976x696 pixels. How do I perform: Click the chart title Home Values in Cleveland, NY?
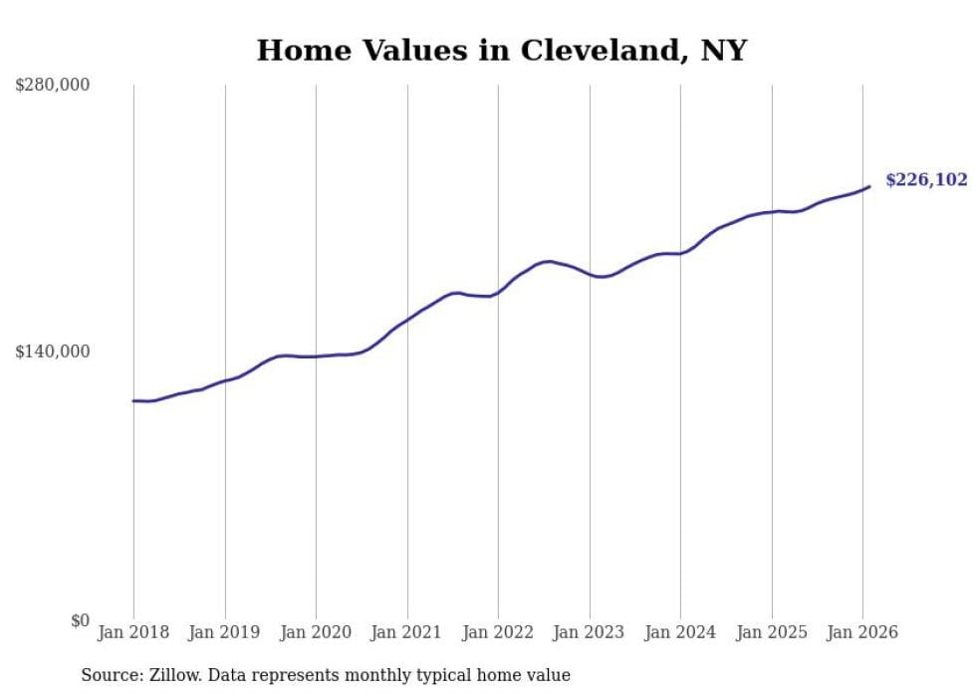(x=501, y=50)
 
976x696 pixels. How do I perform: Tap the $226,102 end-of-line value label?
(x=926, y=180)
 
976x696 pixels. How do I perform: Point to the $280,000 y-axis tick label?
(x=53, y=86)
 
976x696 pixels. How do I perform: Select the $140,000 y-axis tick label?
(x=53, y=351)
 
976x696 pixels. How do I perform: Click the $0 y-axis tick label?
(x=80, y=620)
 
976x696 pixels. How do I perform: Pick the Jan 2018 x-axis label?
(x=133, y=632)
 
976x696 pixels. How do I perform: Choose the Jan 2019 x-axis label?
(x=225, y=632)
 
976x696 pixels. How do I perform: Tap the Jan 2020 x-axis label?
(x=316, y=632)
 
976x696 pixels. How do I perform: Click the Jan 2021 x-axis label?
(x=407, y=632)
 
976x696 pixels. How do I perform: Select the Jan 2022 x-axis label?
(x=498, y=632)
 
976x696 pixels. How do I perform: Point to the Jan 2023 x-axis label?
(x=590, y=632)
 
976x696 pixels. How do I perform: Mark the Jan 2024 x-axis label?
(x=680, y=632)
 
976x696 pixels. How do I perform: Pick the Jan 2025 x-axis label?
(x=772, y=632)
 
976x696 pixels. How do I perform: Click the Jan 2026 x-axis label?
(x=862, y=632)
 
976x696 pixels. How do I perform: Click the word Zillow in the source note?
(x=171, y=675)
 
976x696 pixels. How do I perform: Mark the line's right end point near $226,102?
(x=869, y=186)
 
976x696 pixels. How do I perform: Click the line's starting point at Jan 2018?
(x=133, y=401)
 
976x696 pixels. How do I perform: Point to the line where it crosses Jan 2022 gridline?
(x=498, y=293)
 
